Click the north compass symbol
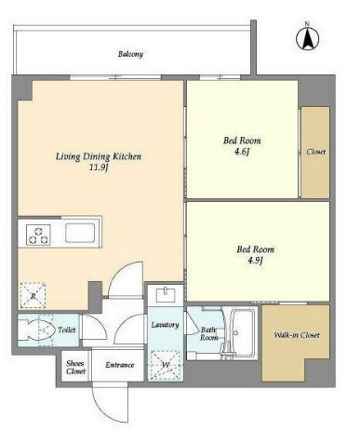(x=307, y=38)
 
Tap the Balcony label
(x=130, y=54)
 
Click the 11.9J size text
(x=99, y=168)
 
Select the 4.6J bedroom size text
(x=242, y=152)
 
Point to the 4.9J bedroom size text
(x=255, y=261)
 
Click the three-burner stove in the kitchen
(x=38, y=235)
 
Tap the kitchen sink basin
(x=80, y=233)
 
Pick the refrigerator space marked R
(x=33, y=295)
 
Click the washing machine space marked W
(x=166, y=365)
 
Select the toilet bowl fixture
(x=34, y=330)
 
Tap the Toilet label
(x=67, y=330)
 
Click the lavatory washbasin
(x=166, y=294)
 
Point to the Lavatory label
(x=165, y=325)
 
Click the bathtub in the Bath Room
(x=244, y=332)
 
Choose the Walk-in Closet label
(x=297, y=335)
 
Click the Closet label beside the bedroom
(x=316, y=152)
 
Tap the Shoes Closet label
(x=75, y=367)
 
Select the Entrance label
(x=120, y=365)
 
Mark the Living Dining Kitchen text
(x=99, y=156)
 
